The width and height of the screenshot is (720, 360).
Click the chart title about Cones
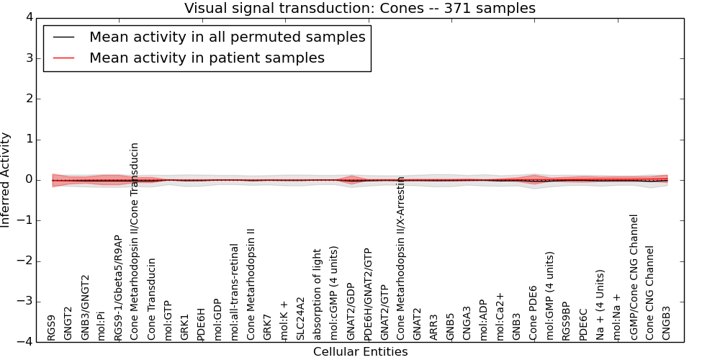[x=360, y=8]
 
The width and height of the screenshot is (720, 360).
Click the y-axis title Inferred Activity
[x=6, y=180]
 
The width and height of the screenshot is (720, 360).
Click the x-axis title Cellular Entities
[x=360, y=352]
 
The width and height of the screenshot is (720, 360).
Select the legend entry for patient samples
[x=207, y=58]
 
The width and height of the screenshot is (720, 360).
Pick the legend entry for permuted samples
[x=227, y=37]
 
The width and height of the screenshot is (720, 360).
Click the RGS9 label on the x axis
[x=51, y=327]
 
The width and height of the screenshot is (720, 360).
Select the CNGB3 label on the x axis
[x=666, y=323]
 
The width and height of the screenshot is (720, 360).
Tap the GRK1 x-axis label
[x=185, y=326]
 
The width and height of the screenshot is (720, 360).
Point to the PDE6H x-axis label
[x=202, y=323]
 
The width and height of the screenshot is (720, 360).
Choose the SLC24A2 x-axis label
[x=301, y=318]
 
